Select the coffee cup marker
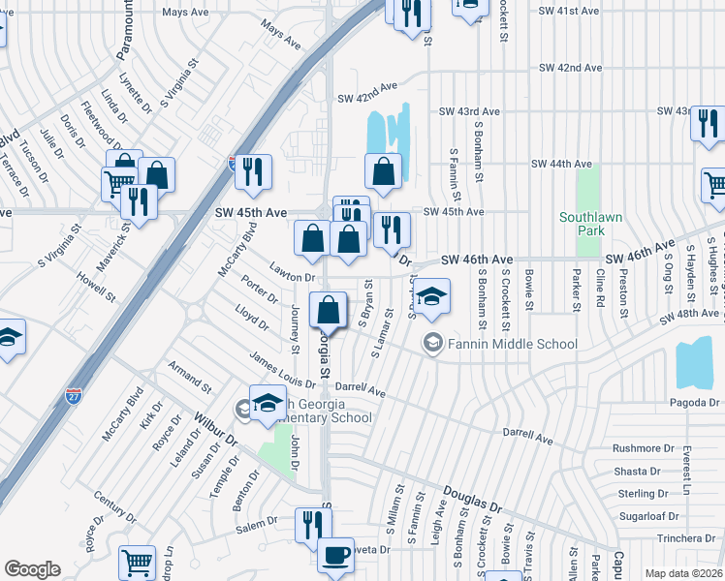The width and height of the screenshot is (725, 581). point(337,556)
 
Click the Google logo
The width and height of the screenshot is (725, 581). point(32,569)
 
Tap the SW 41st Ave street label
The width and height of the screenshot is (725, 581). point(571,11)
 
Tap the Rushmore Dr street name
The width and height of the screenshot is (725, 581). point(643,449)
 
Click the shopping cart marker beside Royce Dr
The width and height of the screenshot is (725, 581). point(137,563)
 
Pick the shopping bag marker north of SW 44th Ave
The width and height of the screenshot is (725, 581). point(383,171)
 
